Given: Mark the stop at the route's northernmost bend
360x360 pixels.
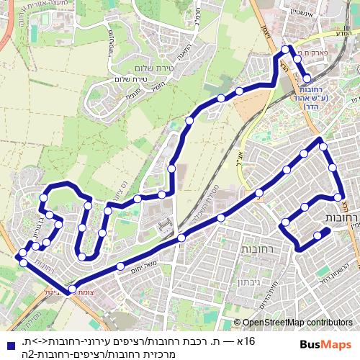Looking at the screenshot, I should tap(287, 49).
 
